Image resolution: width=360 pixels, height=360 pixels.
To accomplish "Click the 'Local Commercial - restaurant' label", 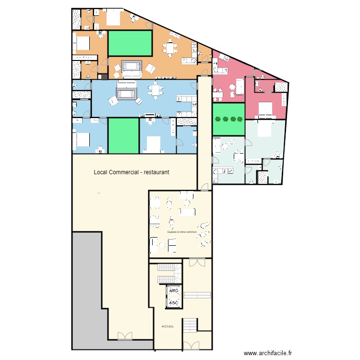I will coord(131,172).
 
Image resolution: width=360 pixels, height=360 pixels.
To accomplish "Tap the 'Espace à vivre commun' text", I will coord(182,232).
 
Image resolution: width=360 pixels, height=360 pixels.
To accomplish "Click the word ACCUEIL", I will coord(168,326).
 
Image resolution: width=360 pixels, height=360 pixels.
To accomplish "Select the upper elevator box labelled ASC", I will coord(174,291).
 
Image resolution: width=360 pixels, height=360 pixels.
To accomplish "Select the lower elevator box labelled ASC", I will coord(174,302).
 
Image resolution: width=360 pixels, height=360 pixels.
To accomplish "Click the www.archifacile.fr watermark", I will coord(267,353).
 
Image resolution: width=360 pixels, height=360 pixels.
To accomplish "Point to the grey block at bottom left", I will coord(86,288).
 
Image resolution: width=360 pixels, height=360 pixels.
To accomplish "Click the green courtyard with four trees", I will coord(228,120).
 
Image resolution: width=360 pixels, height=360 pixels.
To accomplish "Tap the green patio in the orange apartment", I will coord(130,43).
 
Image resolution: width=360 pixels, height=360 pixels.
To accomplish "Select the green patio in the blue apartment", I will coord(123,135).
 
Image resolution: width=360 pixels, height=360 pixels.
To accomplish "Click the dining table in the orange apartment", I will coord(170,48).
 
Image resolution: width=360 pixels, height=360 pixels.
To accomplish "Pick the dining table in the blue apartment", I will coord(155,90).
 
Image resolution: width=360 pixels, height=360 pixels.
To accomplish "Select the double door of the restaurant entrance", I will coord(124,336).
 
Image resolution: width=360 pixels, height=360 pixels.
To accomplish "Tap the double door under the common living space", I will coord(196,262).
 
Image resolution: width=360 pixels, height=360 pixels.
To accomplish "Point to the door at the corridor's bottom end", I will coord(204,187).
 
